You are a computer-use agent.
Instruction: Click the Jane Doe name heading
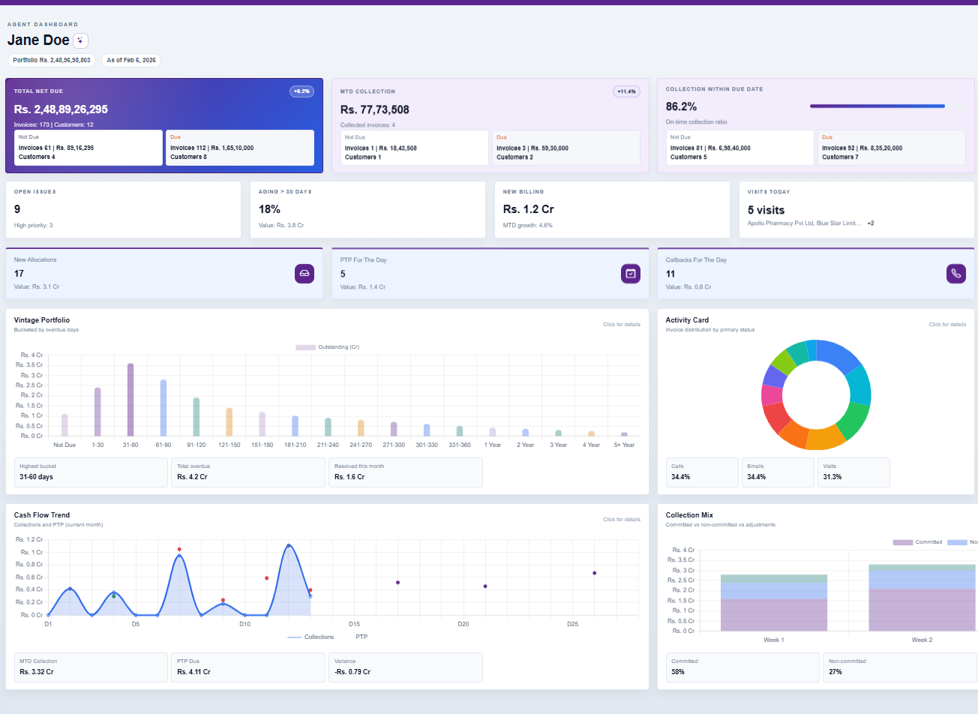click(x=38, y=40)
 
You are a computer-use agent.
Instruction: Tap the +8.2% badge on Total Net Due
click(x=301, y=91)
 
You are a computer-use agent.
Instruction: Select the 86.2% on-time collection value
click(x=681, y=106)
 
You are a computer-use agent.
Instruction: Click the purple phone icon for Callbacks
click(x=955, y=274)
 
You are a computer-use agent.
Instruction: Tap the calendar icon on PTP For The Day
click(x=631, y=274)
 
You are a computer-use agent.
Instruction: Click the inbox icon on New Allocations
click(x=304, y=274)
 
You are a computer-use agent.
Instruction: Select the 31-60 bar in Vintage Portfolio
click(x=130, y=400)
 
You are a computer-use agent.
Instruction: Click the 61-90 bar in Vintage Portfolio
click(x=163, y=407)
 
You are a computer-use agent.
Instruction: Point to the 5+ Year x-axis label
click(x=624, y=445)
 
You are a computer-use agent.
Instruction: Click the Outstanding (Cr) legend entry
click(x=328, y=347)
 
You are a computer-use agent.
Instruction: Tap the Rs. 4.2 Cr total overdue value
click(x=192, y=477)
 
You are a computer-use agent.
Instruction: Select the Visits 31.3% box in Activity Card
click(x=853, y=472)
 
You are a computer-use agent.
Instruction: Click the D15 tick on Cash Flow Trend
click(x=354, y=624)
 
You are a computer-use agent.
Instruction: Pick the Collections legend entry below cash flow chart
click(x=310, y=637)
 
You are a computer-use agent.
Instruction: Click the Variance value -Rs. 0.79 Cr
click(x=352, y=672)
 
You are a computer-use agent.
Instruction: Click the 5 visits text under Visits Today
click(x=766, y=210)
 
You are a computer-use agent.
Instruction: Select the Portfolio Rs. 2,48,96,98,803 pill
click(x=52, y=60)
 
